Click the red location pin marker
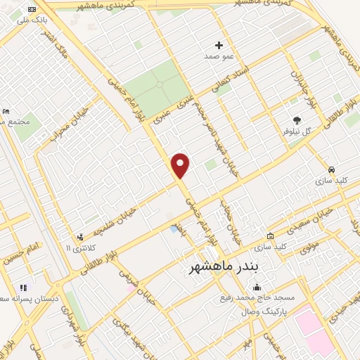(x=181, y=165)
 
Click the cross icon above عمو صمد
(x=218, y=45)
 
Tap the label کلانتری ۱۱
(x=78, y=248)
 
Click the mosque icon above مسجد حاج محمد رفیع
(x=257, y=287)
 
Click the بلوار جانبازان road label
(x=298, y=79)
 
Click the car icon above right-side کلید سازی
(x=330, y=169)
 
